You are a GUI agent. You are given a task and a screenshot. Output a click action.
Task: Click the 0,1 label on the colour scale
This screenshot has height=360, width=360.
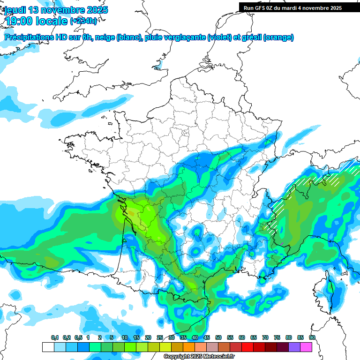(55, 338)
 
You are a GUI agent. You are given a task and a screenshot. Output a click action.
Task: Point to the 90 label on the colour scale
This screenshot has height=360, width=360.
(312, 338)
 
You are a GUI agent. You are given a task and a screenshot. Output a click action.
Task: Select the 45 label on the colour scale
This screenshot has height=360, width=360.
(207, 338)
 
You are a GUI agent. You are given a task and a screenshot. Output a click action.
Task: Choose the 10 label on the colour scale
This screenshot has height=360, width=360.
(125, 338)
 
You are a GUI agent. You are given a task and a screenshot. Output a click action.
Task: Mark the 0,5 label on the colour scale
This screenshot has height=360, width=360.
(78, 338)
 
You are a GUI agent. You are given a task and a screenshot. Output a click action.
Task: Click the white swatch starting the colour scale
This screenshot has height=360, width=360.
(48, 347)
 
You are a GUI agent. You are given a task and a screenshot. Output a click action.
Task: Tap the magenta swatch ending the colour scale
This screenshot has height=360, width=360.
(306, 347)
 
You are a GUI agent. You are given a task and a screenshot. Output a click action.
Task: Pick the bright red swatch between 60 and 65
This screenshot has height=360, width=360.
(247, 347)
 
